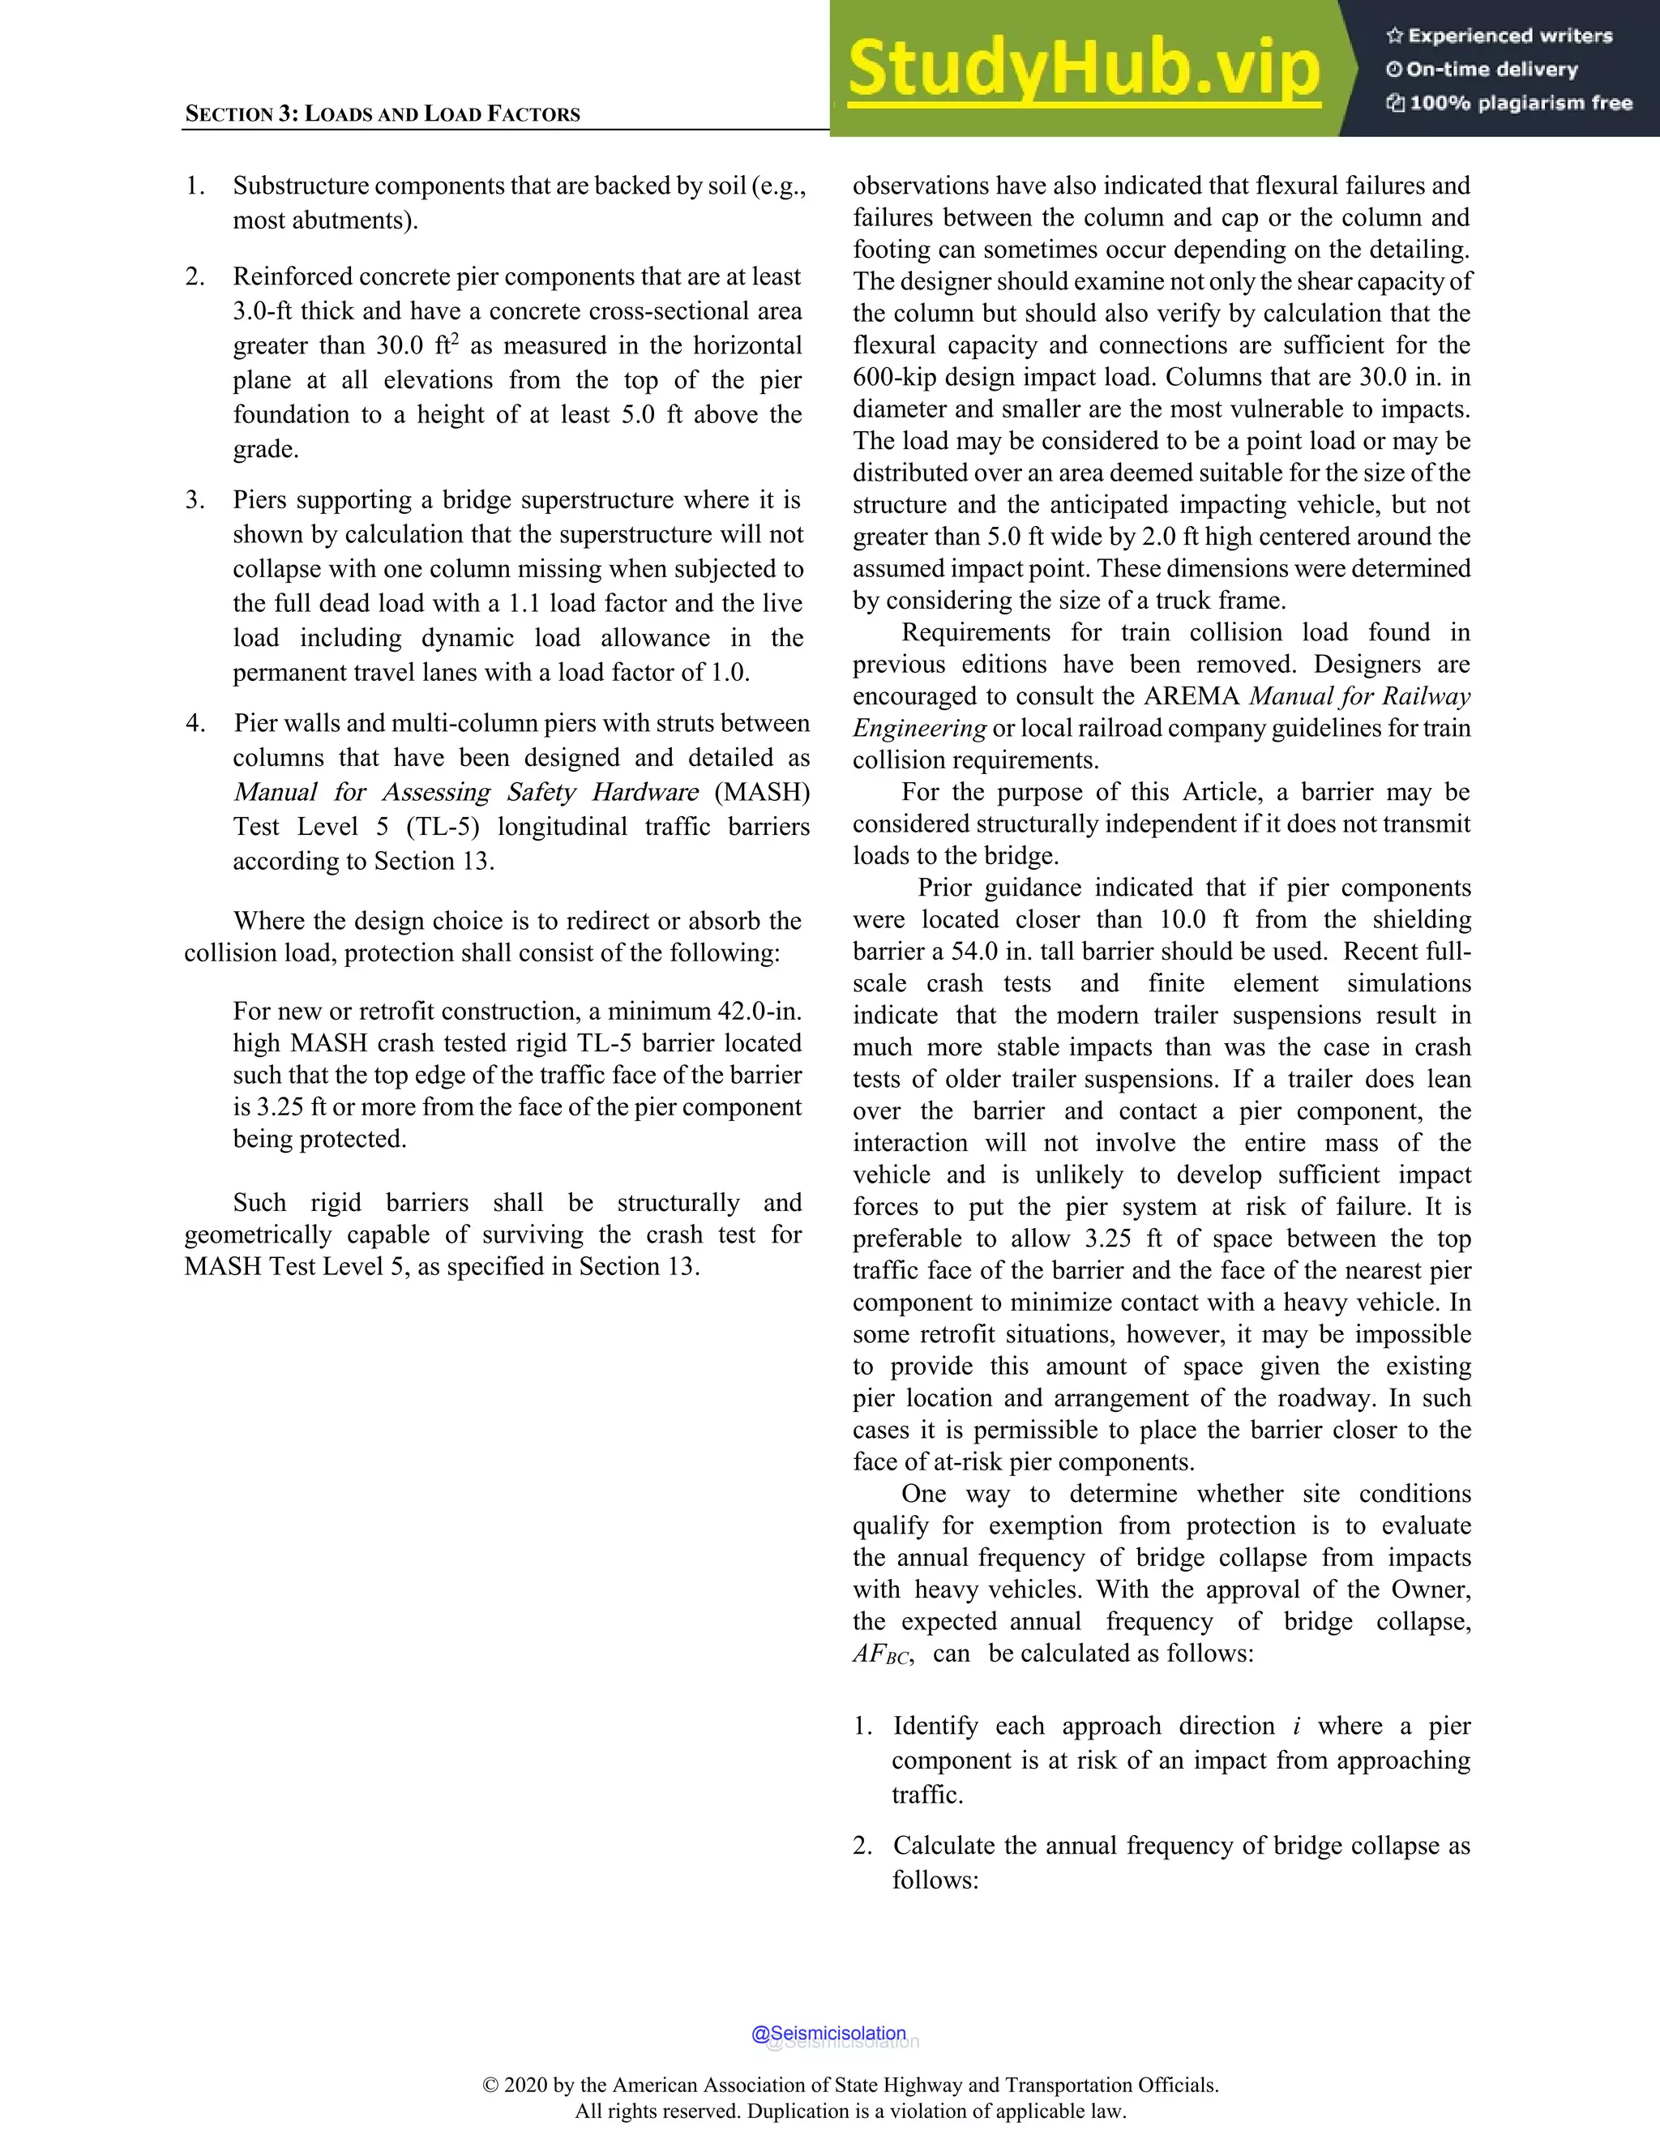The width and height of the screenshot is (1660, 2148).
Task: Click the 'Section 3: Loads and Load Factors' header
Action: (x=383, y=114)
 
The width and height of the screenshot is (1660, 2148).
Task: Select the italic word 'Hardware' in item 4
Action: (x=645, y=793)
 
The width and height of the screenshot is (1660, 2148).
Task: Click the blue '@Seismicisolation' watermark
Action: (x=828, y=2033)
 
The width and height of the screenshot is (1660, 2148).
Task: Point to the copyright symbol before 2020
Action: (x=490, y=2085)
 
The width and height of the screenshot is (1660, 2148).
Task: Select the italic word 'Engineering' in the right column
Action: (x=918, y=729)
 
